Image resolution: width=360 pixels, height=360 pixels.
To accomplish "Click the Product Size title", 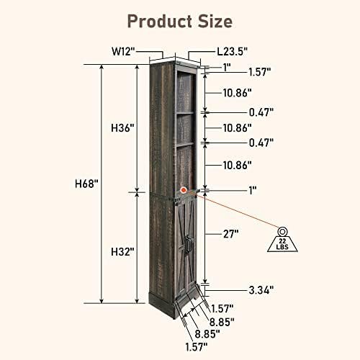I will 179,19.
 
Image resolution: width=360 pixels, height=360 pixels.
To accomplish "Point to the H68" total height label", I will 86,184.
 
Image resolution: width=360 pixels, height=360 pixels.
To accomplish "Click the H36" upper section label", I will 123,128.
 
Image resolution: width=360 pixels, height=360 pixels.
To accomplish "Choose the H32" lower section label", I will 123,252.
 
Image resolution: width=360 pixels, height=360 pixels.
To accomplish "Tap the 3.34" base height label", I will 261,290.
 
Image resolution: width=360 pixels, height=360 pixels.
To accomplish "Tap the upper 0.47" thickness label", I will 261,112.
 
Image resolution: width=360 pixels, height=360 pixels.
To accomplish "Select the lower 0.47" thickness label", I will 261,143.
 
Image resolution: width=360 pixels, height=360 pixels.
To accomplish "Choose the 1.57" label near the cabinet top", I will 261,72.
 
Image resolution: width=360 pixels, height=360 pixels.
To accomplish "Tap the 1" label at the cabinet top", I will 227,66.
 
